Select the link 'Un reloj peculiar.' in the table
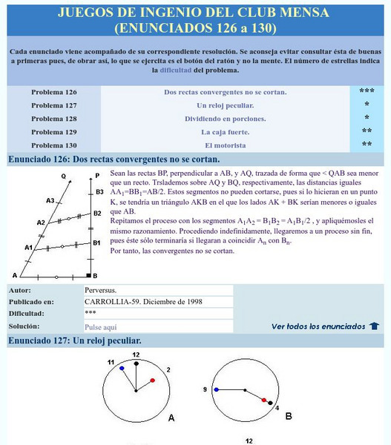(225, 105)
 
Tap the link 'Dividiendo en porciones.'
(225, 119)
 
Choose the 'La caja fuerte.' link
(225, 132)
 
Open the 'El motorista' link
(225, 145)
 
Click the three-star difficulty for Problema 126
(367, 92)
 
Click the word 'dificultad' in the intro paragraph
(175, 70)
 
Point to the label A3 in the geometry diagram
(50, 200)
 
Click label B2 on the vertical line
(96, 214)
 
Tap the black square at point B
(88, 275)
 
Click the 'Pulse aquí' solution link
(101, 326)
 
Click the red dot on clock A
(152, 380)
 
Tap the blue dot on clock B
(216, 389)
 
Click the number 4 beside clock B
(277, 408)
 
